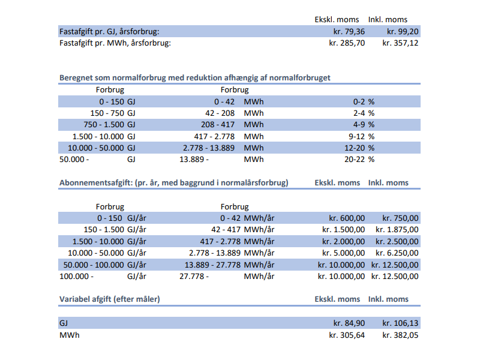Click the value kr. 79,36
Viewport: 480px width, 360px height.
pos(349,32)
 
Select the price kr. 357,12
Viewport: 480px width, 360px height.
pos(400,43)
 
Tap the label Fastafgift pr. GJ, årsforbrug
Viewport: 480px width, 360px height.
pos(109,32)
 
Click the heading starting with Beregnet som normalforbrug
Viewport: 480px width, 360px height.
pos(194,78)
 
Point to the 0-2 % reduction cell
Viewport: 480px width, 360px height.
pos(364,101)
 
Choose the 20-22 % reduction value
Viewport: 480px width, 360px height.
pos(359,160)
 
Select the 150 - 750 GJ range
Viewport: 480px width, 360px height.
pos(113,113)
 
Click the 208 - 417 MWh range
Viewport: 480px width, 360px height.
pos(232,125)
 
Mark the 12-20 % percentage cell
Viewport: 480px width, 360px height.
pos(359,148)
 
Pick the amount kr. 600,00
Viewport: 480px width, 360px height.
pos(347,218)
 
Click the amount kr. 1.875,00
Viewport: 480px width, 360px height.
pos(397,230)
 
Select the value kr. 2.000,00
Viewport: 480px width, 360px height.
pos(343,242)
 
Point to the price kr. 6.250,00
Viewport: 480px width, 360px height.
pos(397,253)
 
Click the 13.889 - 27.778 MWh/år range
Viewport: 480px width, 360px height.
pos(229,265)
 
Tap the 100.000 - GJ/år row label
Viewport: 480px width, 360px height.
pos(103,276)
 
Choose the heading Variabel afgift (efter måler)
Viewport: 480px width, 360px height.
pos(110,299)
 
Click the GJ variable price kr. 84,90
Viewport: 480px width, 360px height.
pos(349,323)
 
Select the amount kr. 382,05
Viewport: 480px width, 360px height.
pos(400,335)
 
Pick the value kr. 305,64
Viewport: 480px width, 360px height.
pos(347,335)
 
